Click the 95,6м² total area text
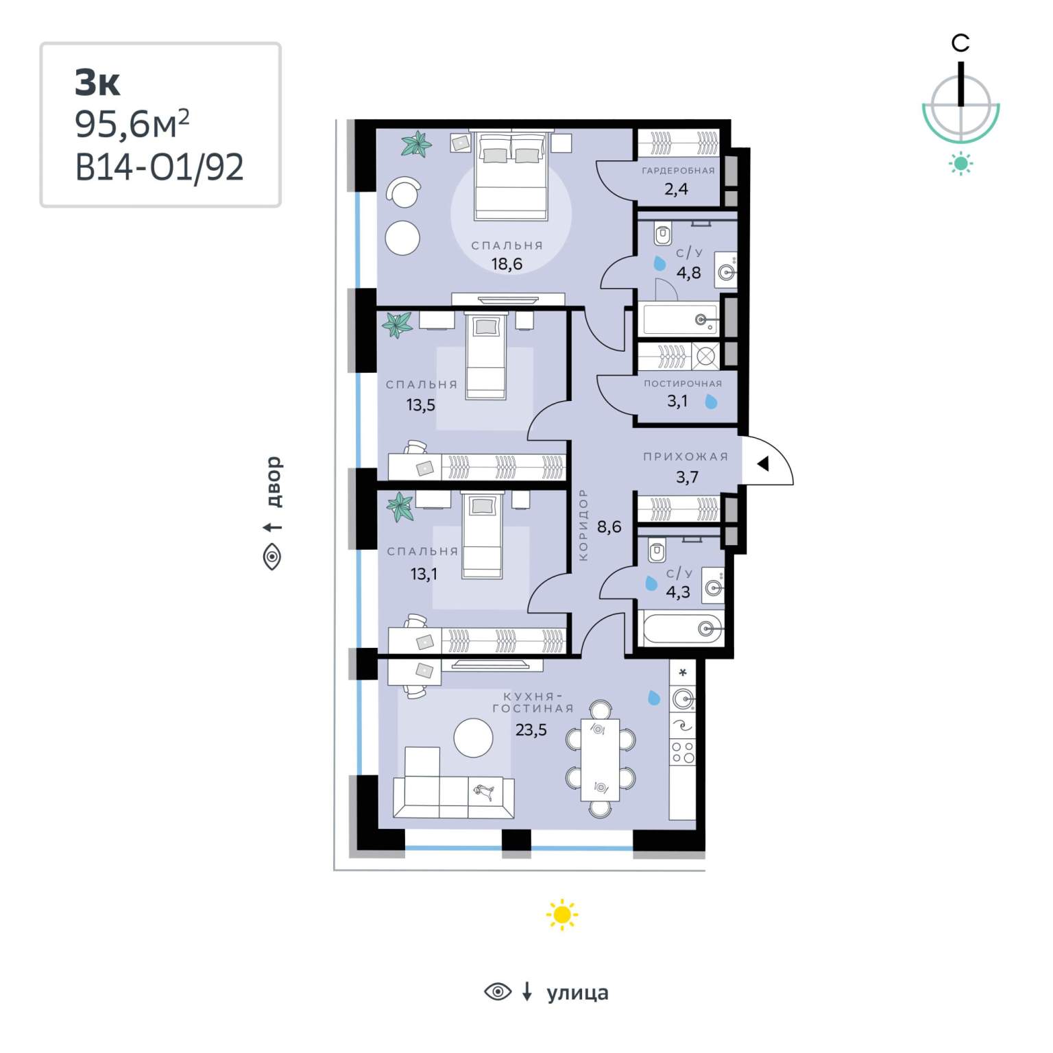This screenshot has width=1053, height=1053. coord(132,123)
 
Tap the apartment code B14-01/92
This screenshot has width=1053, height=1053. coord(159,167)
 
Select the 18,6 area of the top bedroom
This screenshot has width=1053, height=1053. coord(507,264)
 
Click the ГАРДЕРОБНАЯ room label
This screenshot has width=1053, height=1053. coord(678,171)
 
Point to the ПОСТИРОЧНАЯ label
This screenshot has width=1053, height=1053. coord(683,384)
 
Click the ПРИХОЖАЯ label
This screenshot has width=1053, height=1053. coord(686,457)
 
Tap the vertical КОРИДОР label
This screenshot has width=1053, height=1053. coord(583,524)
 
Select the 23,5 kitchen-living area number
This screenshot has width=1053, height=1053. coord(531,730)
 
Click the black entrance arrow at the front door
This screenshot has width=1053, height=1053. coord(763,464)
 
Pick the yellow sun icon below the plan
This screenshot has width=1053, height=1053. coord(562,915)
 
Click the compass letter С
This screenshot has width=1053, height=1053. coord(960,43)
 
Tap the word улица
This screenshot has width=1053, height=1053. coord(577,993)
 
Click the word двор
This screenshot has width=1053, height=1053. coord(274,482)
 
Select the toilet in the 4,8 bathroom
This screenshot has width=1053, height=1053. coord(663,233)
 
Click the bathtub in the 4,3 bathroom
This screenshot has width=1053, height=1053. coord(683,629)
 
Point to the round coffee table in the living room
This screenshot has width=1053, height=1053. coord(473,738)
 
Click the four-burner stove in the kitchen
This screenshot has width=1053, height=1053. coord(683,752)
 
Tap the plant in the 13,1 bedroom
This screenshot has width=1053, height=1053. coord(400,507)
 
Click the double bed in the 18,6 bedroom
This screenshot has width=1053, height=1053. coord(511,175)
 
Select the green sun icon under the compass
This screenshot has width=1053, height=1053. coord(960,163)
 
